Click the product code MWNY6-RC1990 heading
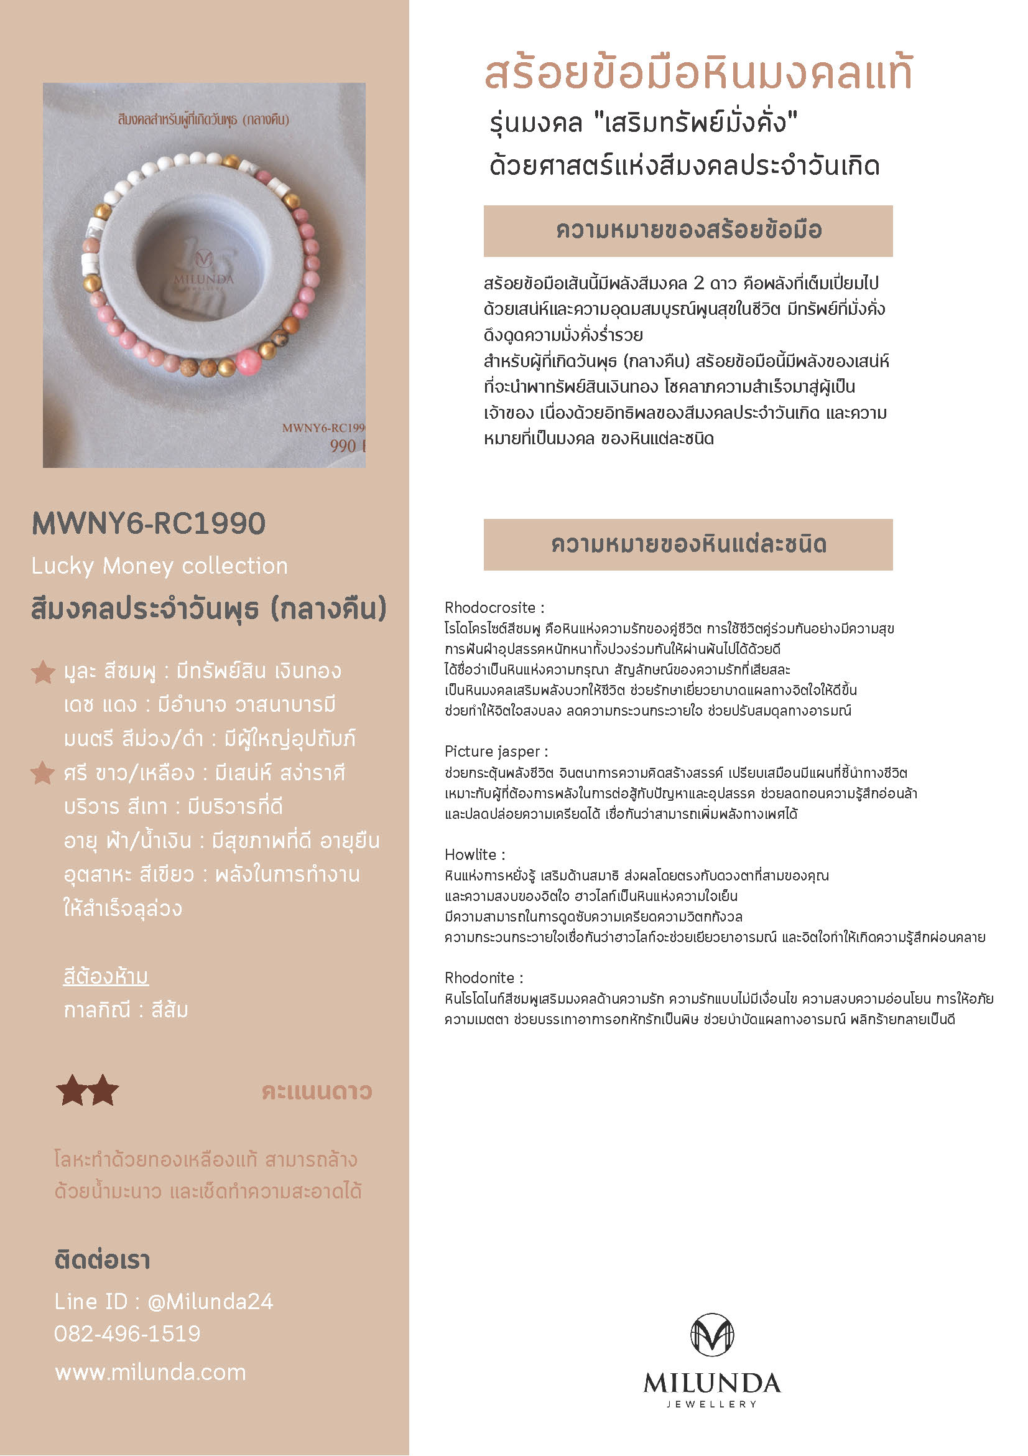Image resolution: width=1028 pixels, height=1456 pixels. click(x=148, y=524)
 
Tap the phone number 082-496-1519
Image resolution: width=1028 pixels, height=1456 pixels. click(x=127, y=1333)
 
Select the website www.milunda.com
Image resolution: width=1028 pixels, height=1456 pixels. click(x=150, y=1372)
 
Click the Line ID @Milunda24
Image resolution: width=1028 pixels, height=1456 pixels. click(x=164, y=1301)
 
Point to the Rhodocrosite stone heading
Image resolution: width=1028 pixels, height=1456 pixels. click(x=494, y=607)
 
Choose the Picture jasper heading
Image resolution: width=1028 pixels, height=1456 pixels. click(x=496, y=752)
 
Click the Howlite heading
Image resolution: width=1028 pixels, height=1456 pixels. click(x=474, y=854)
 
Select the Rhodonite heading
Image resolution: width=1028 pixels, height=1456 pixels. click(x=484, y=978)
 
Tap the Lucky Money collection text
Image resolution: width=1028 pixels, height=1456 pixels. click(x=159, y=566)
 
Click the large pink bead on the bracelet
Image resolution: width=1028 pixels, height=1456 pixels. click(x=248, y=362)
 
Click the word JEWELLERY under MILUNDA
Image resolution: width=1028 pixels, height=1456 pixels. click(x=711, y=1404)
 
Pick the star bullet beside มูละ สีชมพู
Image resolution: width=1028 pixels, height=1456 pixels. click(x=43, y=671)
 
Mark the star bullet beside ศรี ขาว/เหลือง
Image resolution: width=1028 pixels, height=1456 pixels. click(x=43, y=773)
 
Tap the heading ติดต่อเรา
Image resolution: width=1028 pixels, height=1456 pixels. click(x=102, y=1260)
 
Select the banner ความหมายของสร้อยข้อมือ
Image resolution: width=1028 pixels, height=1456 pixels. click(x=688, y=231)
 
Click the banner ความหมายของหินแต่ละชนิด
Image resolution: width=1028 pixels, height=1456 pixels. click(x=688, y=544)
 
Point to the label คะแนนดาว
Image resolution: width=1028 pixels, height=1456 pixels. click(x=317, y=1091)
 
